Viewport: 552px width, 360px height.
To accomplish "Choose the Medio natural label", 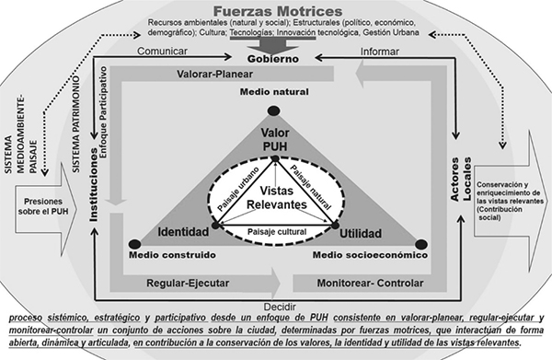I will pyautogui.click(x=272, y=93).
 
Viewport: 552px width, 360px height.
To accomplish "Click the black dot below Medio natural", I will pyautogui.click(x=273, y=111).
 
